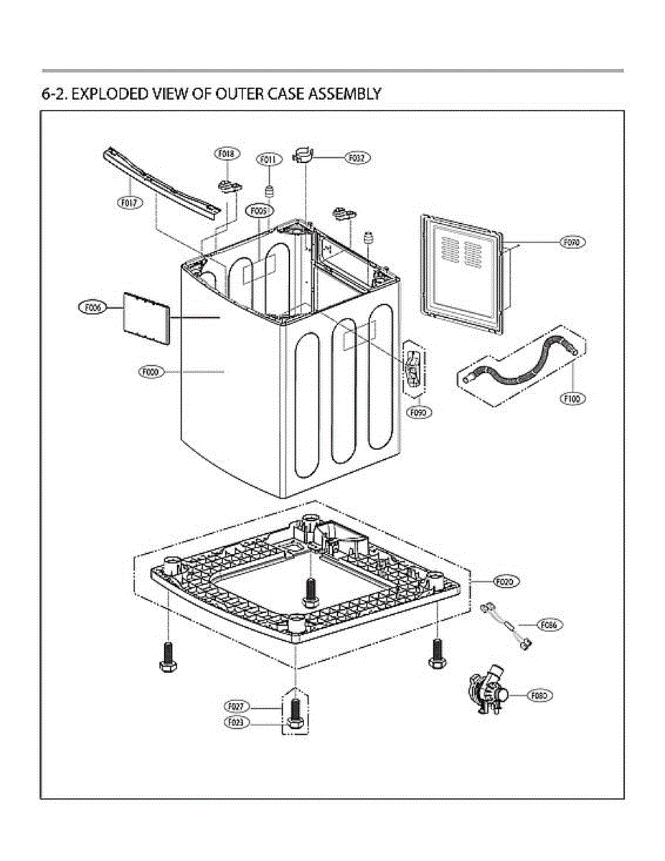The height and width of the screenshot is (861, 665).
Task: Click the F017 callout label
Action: pyautogui.click(x=130, y=203)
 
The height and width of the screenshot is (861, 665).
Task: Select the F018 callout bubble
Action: pyautogui.click(x=227, y=154)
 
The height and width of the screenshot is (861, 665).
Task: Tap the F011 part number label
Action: pyautogui.click(x=268, y=159)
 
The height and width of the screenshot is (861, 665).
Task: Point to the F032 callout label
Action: pyautogui.click(x=357, y=157)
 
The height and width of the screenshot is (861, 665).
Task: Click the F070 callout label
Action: pyautogui.click(x=572, y=243)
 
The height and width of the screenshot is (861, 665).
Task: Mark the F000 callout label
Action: pyautogui.click(x=151, y=372)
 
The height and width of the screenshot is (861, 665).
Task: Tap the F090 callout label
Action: pyautogui.click(x=418, y=413)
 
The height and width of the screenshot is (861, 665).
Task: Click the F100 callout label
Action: pyautogui.click(x=572, y=398)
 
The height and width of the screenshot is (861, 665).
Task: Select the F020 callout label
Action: pyautogui.click(x=505, y=582)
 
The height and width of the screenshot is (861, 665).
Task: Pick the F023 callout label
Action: pyautogui.click(x=237, y=723)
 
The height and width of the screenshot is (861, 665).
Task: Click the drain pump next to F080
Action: pyautogui.click(x=488, y=693)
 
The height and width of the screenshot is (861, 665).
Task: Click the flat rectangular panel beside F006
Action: pyautogui.click(x=146, y=317)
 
